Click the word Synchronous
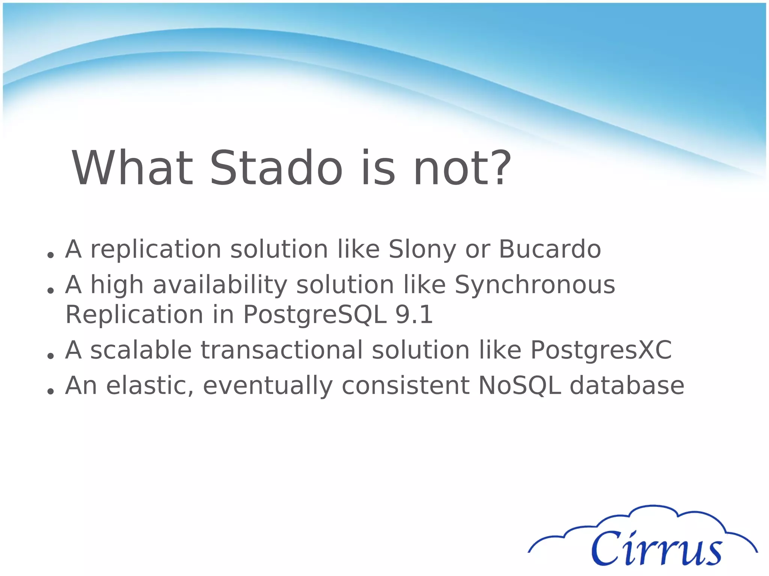tap(535, 285)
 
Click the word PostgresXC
tap(601, 350)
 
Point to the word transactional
tap(282, 350)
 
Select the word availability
tap(220, 285)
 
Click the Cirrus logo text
tap(656, 548)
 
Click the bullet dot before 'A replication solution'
tap(50, 255)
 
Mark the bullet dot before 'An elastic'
tap(50, 391)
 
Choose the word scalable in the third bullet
tap(141, 350)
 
